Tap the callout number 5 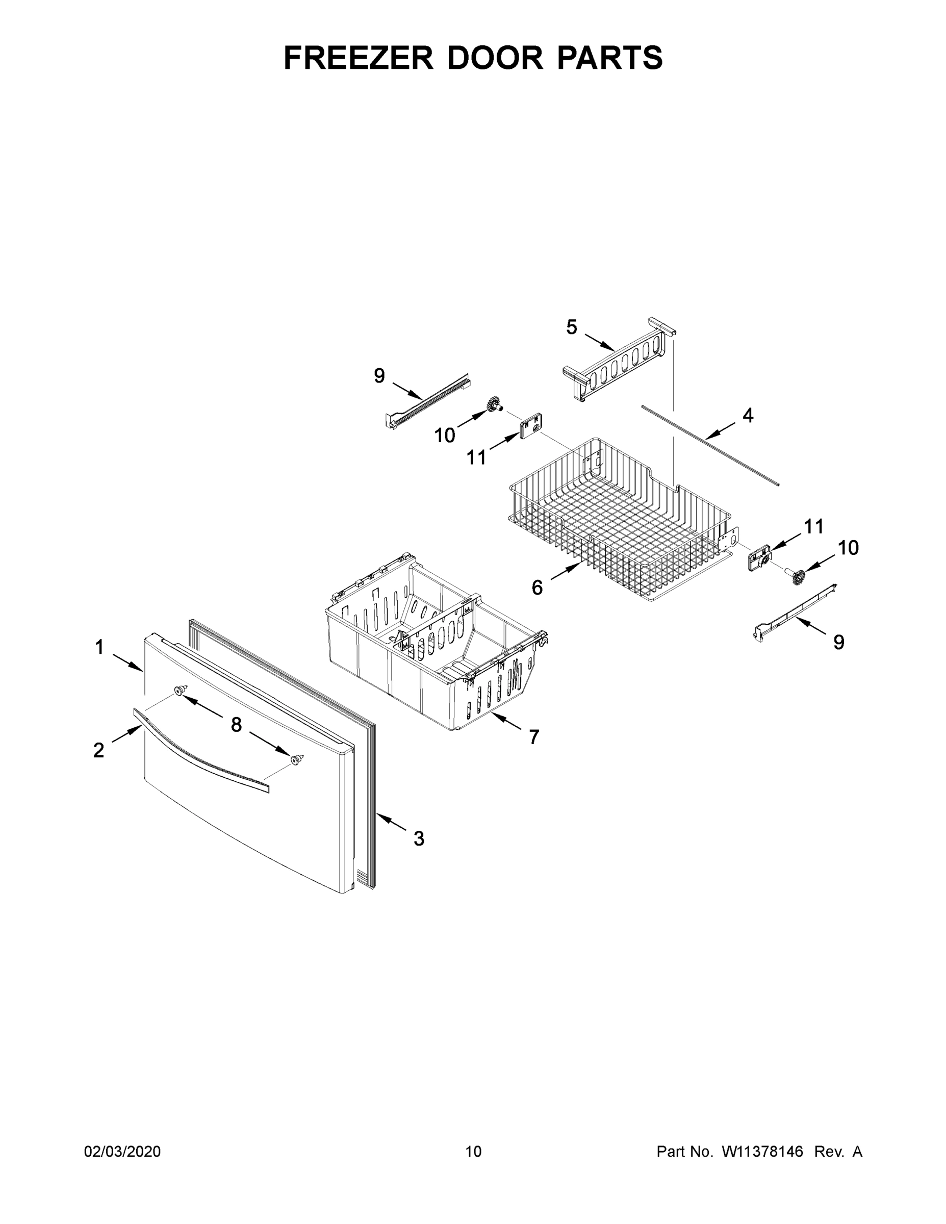pyautogui.click(x=571, y=327)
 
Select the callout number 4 pyautogui.click(x=748, y=415)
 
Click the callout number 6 pyautogui.click(x=537, y=588)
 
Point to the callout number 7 pyautogui.click(x=533, y=737)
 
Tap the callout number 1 pyautogui.click(x=99, y=647)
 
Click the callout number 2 pyautogui.click(x=98, y=750)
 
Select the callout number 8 pyautogui.click(x=236, y=725)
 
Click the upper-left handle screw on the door pyautogui.click(x=180, y=690)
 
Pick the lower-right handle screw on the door pyautogui.click(x=297, y=759)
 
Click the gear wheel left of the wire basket pyautogui.click(x=494, y=403)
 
